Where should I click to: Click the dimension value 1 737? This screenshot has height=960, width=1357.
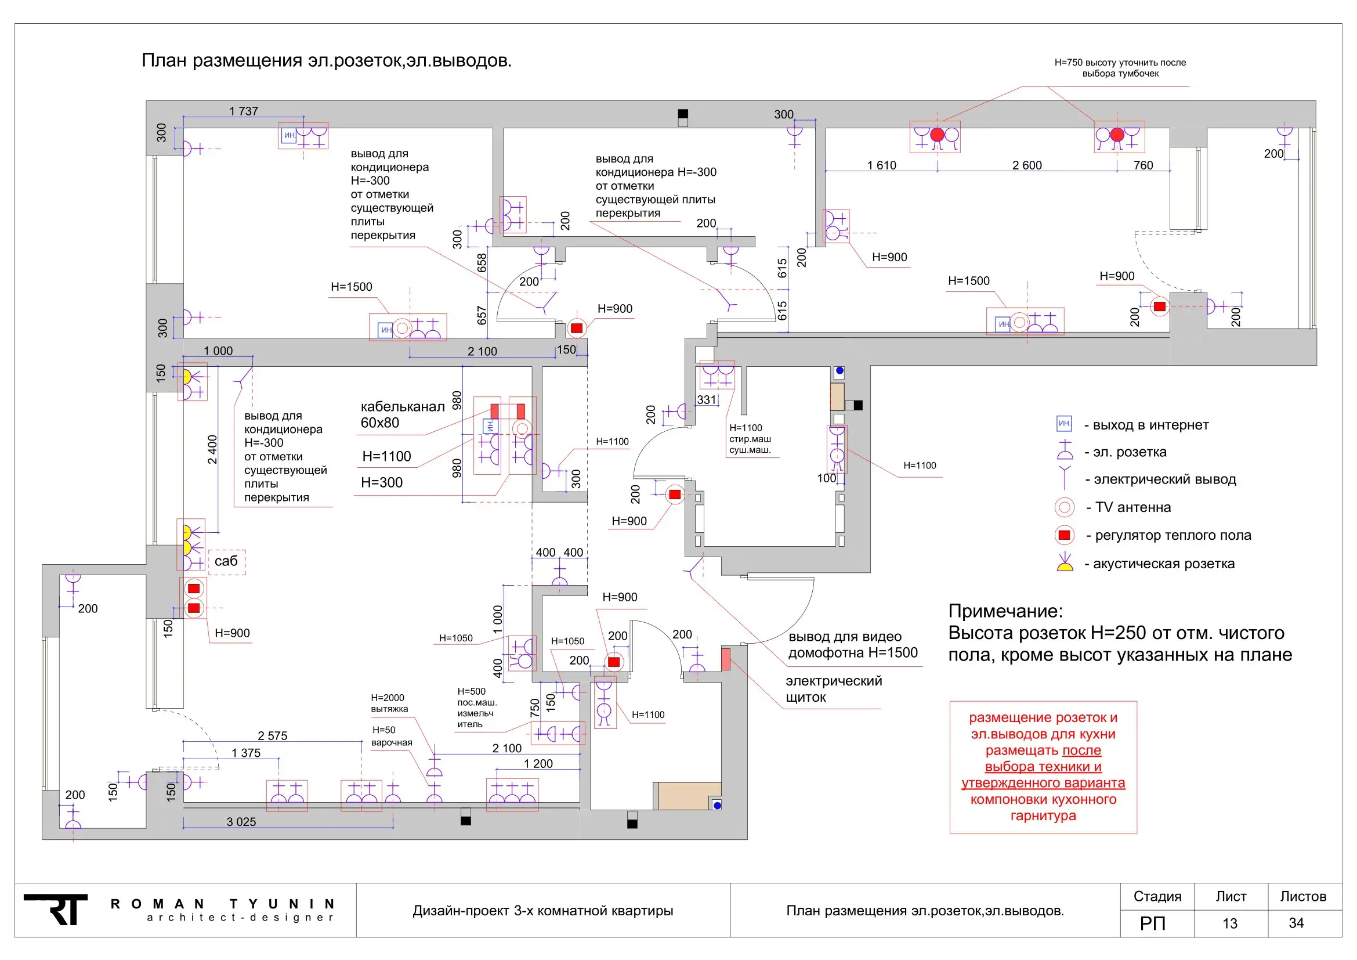pos(244,111)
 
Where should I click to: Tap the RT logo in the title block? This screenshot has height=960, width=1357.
pos(56,909)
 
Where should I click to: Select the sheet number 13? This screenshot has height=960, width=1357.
pos(1230,923)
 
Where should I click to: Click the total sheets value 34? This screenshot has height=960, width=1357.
pos(1296,923)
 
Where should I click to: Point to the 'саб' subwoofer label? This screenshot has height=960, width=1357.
pos(226,561)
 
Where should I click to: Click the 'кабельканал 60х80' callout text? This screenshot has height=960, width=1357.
pos(403,414)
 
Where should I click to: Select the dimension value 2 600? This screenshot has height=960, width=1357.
pos(1027,165)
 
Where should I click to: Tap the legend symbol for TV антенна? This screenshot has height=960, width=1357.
pos(1065,507)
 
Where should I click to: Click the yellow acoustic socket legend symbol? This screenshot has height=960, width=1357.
pos(1065,562)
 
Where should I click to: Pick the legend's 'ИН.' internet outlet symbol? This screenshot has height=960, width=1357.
pos(1064,424)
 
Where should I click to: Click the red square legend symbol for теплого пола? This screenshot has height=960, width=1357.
pos(1065,535)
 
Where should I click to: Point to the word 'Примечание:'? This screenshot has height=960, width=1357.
pos(1005,611)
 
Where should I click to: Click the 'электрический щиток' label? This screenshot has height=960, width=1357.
pos(833,690)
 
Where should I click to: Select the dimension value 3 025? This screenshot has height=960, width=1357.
pos(241,822)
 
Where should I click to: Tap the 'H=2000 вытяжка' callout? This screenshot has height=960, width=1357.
pos(389,703)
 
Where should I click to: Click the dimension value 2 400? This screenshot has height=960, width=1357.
pos(212,450)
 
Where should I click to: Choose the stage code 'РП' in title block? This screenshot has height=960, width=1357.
pos(1153,923)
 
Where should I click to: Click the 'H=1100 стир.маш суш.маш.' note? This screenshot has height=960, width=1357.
pos(750,439)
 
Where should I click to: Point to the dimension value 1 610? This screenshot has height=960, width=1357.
pos(882,165)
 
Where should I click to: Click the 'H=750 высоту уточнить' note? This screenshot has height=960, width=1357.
pos(1120,68)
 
